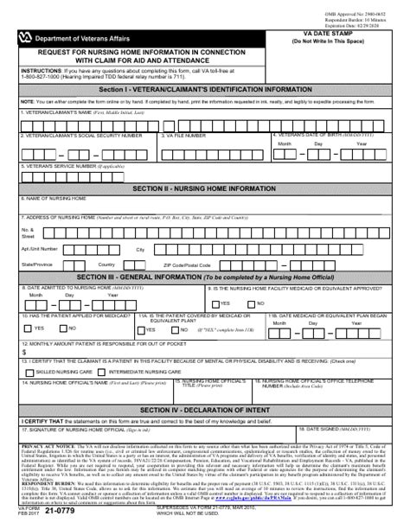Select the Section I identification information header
point(205,89)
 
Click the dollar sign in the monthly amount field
point(23,328)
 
